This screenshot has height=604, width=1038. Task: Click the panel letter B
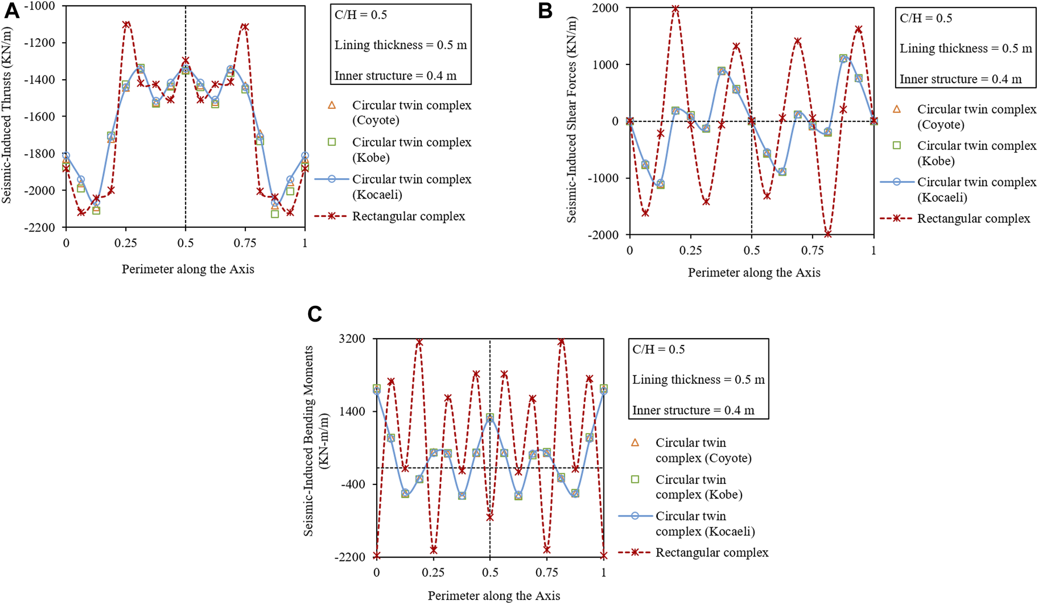click(545, 11)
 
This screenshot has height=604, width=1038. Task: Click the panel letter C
click(315, 314)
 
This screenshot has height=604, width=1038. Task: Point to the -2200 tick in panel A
click(40, 227)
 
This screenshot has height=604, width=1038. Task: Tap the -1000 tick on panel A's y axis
click(40, 6)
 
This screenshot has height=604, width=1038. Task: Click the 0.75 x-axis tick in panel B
click(812, 250)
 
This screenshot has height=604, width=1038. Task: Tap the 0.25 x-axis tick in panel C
click(433, 572)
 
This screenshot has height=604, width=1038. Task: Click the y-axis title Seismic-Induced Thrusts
click(7, 116)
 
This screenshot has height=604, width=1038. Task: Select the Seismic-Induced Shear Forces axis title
click(572, 120)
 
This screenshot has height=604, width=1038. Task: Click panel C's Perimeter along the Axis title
click(493, 596)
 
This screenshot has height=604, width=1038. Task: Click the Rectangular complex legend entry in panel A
click(408, 216)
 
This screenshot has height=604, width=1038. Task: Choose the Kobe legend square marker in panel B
click(897, 146)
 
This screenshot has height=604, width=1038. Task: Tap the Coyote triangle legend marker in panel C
click(635, 443)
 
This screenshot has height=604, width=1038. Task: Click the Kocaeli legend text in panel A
click(411, 187)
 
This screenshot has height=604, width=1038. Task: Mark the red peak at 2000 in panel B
click(675, 9)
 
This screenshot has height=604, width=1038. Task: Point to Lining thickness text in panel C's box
click(698, 380)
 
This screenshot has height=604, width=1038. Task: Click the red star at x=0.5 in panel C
click(490, 517)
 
